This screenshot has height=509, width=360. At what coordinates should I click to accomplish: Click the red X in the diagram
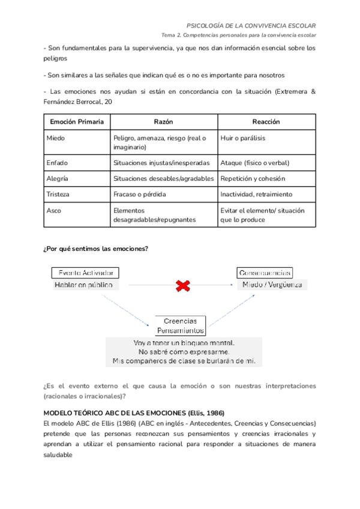(x=183, y=286)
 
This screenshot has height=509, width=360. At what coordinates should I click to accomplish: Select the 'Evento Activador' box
(x=85, y=273)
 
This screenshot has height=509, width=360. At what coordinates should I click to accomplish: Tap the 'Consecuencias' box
(x=265, y=273)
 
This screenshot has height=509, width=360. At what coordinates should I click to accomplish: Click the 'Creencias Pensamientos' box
(x=181, y=325)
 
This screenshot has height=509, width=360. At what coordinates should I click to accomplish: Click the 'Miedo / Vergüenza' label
(x=271, y=285)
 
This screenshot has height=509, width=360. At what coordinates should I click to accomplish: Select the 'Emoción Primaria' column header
(x=76, y=122)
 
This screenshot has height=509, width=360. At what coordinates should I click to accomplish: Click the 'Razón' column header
(x=163, y=122)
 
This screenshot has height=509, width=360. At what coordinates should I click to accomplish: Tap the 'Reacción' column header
(x=266, y=122)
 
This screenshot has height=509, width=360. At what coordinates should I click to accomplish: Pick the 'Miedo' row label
(x=56, y=138)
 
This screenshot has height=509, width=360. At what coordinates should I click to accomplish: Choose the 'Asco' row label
(x=54, y=211)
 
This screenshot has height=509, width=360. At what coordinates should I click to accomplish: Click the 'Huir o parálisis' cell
(x=243, y=138)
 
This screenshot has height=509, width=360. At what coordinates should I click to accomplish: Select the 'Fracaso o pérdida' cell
(x=140, y=194)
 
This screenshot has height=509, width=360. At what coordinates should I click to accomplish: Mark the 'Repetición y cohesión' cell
(x=253, y=179)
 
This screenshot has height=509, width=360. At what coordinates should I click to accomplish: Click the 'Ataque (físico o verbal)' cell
(x=255, y=163)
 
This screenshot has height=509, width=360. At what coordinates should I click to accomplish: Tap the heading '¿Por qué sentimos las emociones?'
(x=96, y=248)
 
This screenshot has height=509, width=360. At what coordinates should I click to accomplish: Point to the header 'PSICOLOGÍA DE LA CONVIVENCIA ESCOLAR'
(x=251, y=26)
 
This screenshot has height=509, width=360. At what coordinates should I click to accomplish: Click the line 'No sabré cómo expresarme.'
(x=184, y=351)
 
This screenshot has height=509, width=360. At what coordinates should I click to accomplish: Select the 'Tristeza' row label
(x=58, y=194)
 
